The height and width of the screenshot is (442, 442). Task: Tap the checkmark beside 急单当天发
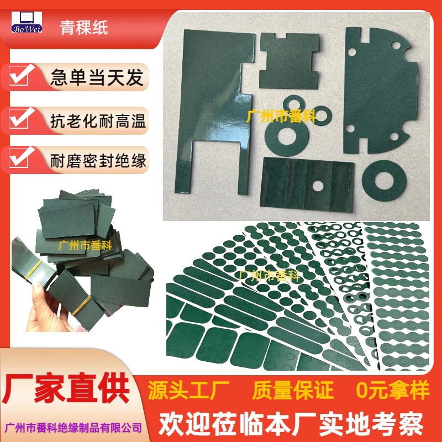(20, 76)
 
